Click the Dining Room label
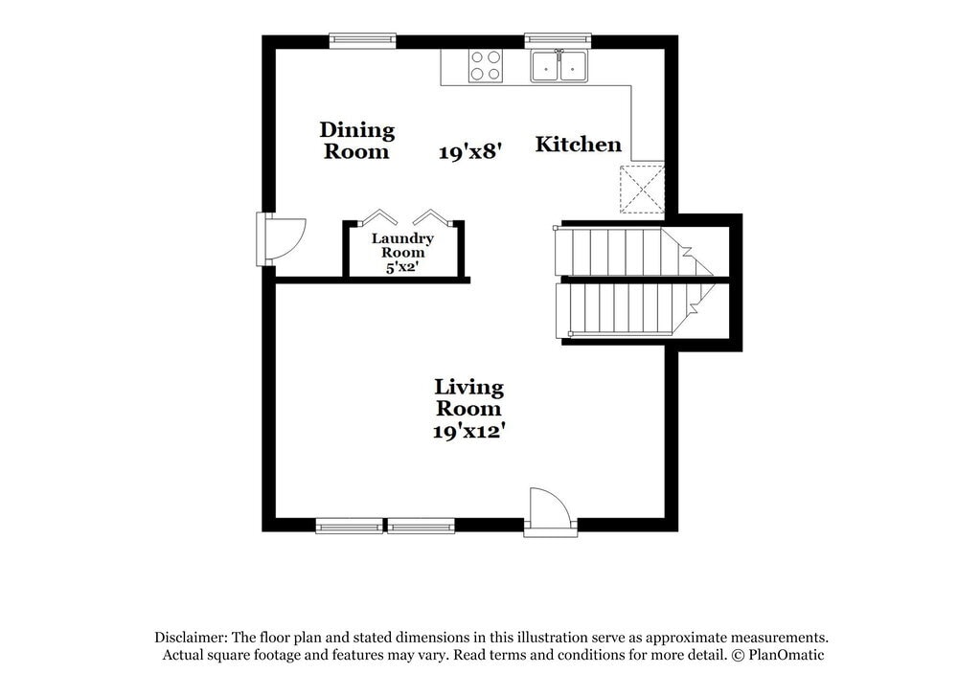coord(356,141)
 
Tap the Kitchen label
coord(578,145)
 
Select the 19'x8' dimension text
coord(470,151)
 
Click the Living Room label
coord(468,397)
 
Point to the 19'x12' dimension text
coord(468,431)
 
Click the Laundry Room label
coord(402,245)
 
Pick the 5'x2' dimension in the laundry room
coord(402,268)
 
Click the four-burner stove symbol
coord(485,65)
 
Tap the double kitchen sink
coord(559,66)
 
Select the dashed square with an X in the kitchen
coord(642,188)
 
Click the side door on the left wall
coord(278,238)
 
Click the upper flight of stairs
coord(623,252)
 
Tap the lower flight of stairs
coord(623,309)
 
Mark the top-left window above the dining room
coord(362,40)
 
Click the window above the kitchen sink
coord(558,40)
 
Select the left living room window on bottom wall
coord(349,526)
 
